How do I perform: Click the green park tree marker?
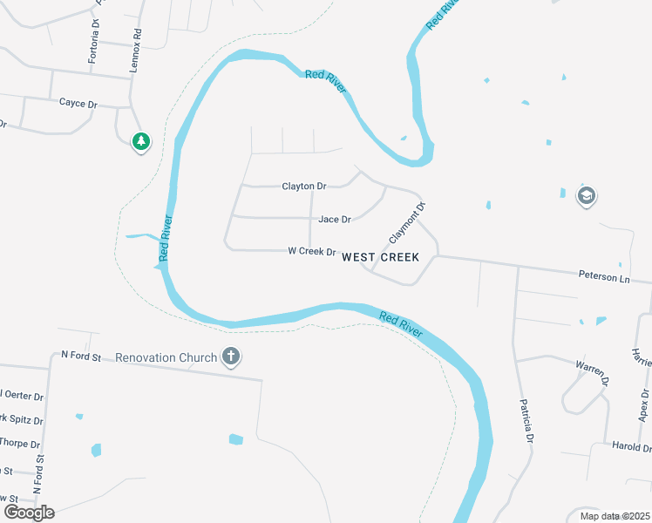pyautogui.click(x=140, y=141)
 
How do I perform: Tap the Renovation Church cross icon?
pyautogui.click(x=230, y=357)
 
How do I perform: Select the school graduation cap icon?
pyautogui.click(x=587, y=196)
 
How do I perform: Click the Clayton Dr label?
pyautogui.click(x=303, y=187)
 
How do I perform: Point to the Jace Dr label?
pyautogui.click(x=335, y=220)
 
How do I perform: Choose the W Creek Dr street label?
pyautogui.click(x=312, y=252)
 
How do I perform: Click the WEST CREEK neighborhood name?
pyautogui.click(x=380, y=257)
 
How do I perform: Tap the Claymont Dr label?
pyautogui.click(x=408, y=222)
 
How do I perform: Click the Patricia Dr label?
pyautogui.click(x=526, y=422)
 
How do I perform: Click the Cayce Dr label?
pyautogui.click(x=78, y=103)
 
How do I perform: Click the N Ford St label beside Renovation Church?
pyautogui.click(x=81, y=356)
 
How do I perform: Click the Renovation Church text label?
pyautogui.click(x=166, y=357)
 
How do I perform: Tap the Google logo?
pyautogui.click(x=29, y=513)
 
